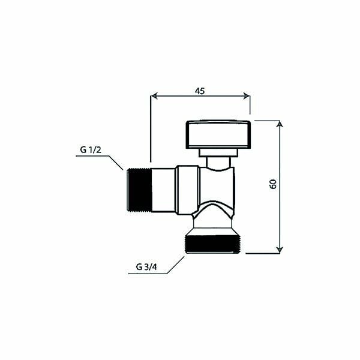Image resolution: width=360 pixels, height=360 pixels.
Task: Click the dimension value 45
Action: pos(200,91)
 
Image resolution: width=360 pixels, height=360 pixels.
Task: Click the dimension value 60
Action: pos(273,184)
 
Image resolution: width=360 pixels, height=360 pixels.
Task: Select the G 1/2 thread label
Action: pos(91,150)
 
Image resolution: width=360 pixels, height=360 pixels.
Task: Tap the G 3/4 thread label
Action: pos(146,267)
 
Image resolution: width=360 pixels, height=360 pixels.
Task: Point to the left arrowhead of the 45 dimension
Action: pos(154,96)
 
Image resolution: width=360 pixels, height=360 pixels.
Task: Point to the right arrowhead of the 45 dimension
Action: pos(247,96)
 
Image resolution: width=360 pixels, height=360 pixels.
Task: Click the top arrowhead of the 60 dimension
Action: pos(280,124)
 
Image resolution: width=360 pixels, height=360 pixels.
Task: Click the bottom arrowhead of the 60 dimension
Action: pos(280,250)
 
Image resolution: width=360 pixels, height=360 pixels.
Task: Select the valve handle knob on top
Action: pos(218,134)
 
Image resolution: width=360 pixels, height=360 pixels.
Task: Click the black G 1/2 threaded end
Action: pos(139,190)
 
